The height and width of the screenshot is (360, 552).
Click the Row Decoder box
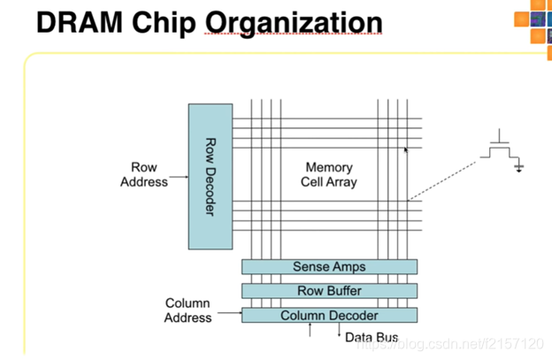click(x=211, y=176)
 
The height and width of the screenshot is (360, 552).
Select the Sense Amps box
click(x=329, y=266)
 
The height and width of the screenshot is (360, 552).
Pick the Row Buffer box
click(x=329, y=291)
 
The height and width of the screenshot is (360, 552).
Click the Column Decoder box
click(x=329, y=315)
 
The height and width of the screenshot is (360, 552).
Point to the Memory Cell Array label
click(x=329, y=174)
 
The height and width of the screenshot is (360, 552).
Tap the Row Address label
click(x=144, y=174)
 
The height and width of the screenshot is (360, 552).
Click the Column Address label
click(x=188, y=310)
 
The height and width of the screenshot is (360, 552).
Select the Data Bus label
click(x=372, y=338)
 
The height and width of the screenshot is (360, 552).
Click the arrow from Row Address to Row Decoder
click(x=178, y=177)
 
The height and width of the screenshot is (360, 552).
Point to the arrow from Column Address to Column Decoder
click(x=228, y=313)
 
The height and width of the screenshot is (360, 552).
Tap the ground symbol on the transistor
click(x=519, y=167)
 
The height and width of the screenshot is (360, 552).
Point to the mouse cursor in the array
click(x=407, y=151)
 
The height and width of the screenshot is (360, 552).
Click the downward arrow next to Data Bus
click(x=338, y=332)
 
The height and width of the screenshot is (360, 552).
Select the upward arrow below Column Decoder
click(x=310, y=331)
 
